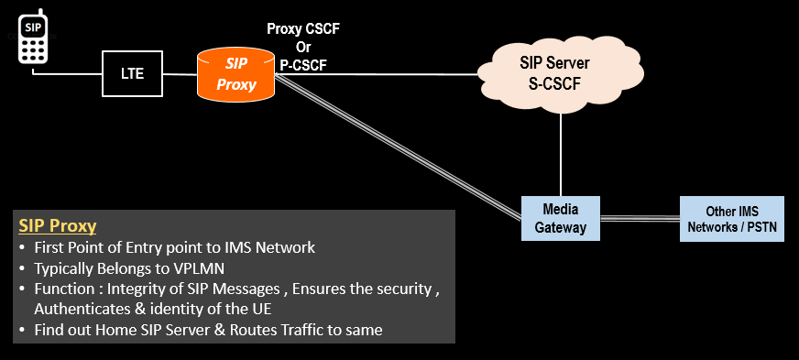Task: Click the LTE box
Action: click(x=133, y=73)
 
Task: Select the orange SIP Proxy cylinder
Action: click(x=237, y=75)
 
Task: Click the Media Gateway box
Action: click(x=560, y=218)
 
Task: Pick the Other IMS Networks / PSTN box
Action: click(x=731, y=218)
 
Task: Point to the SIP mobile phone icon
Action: click(x=34, y=38)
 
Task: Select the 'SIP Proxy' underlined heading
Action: click(x=58, y=226)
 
